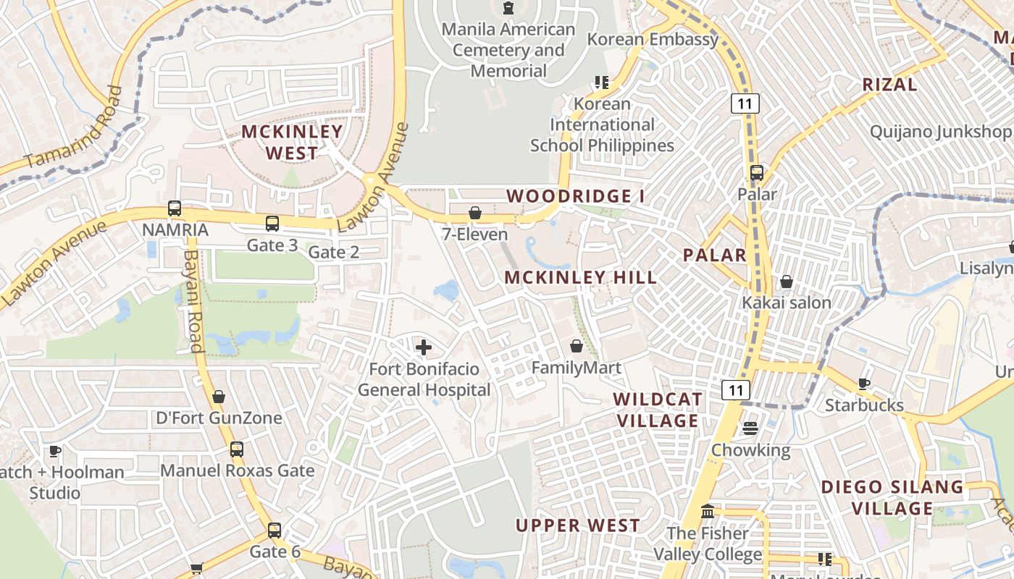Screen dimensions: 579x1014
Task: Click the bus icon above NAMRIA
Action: tap(175, 208)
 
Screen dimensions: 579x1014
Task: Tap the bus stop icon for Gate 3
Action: tap(272, 224)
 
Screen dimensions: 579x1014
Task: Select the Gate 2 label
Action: tap(334, 253)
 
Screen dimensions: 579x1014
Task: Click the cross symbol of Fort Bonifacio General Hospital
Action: tap(424, 348)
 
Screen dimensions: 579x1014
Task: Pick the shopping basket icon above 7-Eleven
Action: tap(475, 213)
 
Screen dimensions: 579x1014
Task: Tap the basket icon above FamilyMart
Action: tap(577, 346)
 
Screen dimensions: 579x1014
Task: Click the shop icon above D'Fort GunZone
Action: tap(219, 397)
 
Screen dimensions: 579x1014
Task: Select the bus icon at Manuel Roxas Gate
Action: tap(237, 449)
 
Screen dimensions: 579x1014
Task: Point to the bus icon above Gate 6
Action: tap(275, 530)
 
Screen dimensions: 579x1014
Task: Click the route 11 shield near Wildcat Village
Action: tap(737, 390)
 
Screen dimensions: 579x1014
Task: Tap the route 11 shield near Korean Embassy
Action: tap(745, 103)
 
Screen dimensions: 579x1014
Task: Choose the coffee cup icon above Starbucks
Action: tap(863, 384)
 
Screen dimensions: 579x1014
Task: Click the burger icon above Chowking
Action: tap(750, 428)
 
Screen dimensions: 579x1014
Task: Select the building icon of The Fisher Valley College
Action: tap(708, 512)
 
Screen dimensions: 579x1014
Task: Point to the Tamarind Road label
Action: tap(72, 128)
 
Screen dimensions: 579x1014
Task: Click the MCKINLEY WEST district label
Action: tap(292, 142)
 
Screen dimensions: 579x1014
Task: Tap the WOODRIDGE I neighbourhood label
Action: tap(575, 196)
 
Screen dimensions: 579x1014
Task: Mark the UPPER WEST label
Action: tap(577, 525)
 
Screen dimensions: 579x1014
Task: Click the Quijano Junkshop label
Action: tap(940, 132)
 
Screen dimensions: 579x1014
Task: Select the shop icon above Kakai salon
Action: tap(787, 282)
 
